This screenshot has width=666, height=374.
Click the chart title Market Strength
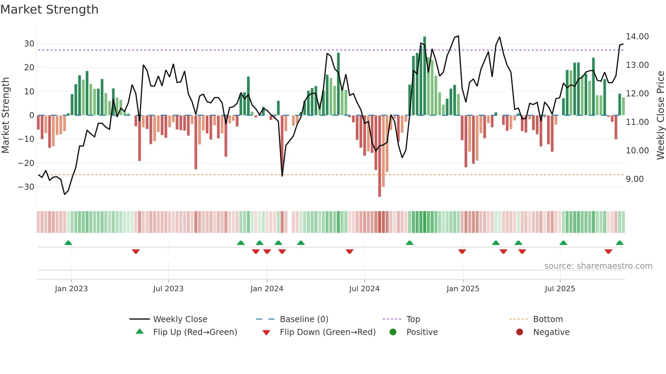click(x=49, y=9)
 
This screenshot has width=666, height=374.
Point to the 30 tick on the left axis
click(x=29, y=44)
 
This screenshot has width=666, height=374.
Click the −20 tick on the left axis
click(x=27, y=163)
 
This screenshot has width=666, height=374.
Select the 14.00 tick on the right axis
click(x=637, y=37)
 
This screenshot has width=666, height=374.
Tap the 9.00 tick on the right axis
click(x=634, y=179)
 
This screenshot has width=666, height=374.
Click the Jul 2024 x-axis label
click(x=364, y=289)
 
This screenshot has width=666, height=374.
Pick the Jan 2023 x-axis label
click(x=71, y=289)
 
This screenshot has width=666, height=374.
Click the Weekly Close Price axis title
click(x=660, y=115)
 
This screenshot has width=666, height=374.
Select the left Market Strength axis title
click(x=5, y=115)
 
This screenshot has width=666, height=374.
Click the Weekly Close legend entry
click(x=180, y=319)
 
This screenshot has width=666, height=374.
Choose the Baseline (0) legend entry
click(x=304, y=319)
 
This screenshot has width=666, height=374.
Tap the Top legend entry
click(x=413, y=319)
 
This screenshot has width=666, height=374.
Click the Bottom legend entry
click(x=548, y=319)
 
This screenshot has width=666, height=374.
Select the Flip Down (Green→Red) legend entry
click(x=328, y=332)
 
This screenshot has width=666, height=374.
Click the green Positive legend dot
click(x=393, y=332)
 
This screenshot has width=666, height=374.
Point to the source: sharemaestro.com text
click(x=598, y=266)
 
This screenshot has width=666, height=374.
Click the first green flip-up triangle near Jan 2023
click(x=68, y=243)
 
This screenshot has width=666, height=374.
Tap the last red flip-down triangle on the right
click(x=608, y=251)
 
